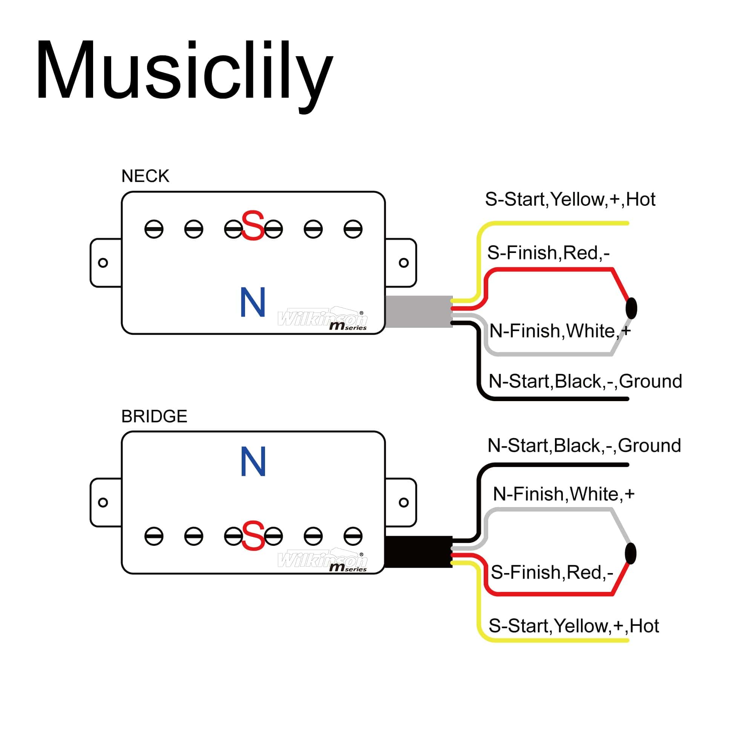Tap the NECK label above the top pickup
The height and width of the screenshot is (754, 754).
[x=145, y=176]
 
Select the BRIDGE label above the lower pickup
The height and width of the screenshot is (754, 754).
[x=154, y=417]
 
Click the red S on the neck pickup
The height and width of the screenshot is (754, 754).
[x=253, y=225]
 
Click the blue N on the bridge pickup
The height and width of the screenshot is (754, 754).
[x=253, y=461]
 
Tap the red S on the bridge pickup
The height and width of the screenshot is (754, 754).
[x=253, y=535]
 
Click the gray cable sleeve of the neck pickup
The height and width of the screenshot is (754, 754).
[x=418, y=311]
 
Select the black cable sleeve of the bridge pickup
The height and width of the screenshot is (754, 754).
[x=418, y=552]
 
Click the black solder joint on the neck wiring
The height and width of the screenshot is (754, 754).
[x=631, y=308]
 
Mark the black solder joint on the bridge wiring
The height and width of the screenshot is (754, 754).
[x=630, y=553]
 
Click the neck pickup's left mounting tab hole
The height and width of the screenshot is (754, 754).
[x=103, y=263]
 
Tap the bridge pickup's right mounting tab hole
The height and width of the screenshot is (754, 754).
[x=403, y=502]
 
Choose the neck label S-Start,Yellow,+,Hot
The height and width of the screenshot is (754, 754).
[x=570, y=199]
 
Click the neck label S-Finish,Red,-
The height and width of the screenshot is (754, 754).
[x=548, y=253]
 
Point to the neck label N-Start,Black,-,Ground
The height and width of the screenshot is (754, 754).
[x=585, y=381]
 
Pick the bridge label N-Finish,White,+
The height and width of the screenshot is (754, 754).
[x=564, y=494]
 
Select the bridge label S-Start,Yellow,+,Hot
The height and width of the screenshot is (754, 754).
[x=574, y=626]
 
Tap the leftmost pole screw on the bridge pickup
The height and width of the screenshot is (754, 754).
[x=154, y=536]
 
